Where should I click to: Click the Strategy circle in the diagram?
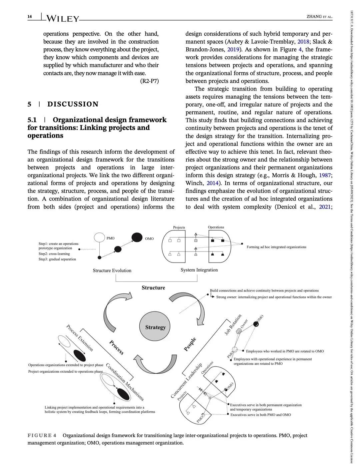pyautogui.click(x=155, y=327)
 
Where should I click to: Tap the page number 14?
pyautogui.click(x=30, y=17)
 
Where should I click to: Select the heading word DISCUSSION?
pyautogui.click(x=73, y=104)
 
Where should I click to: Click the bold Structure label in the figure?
pyautogui.click(x=153, y=288)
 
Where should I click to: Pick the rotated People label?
pyautogui.click(x=190, y=344)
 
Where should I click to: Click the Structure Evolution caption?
pyautogui.click(x=112, y=270)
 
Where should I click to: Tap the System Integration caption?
pyautogui.click(x=199, y=270)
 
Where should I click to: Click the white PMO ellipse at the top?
pyautogui.click(x=99, y=237)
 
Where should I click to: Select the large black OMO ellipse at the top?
pyautogui.click(x=137, y=237)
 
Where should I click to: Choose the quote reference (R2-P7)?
pyautogui.click(x=149, y=81)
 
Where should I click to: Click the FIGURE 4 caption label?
pyautogui.click(x=42, y=435)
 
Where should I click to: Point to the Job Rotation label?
pyautogui.click(x=233, y=324)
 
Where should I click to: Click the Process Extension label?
pyautogui.click(x=80, y=338)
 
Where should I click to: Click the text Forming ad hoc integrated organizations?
pyautogui.click(x=276, y=247)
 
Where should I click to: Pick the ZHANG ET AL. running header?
pyautogui.click(x=319, y=17)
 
